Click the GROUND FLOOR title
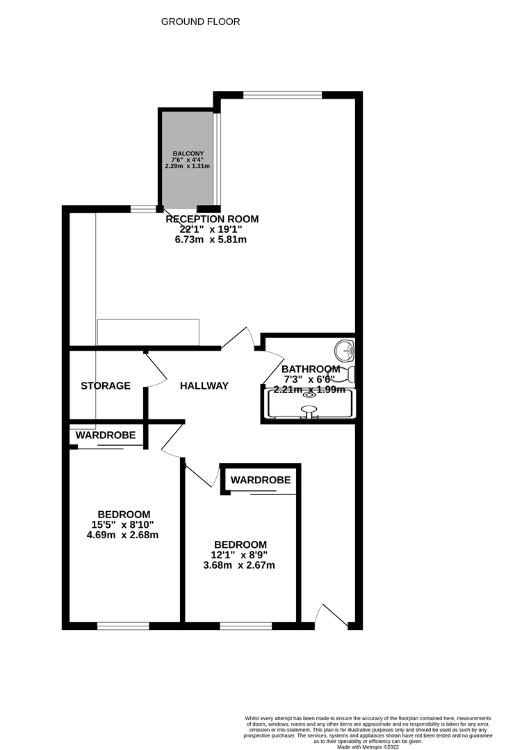coord(200,22)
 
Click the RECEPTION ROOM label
coord(212,219)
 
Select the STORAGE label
coord(106,385)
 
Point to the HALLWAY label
coord(204,385)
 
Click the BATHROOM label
coord(311,369)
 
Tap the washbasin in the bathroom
coord(343,348)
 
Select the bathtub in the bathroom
coord(309,403)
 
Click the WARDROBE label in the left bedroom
coord(106,435)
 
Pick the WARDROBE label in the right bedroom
coord(261,480)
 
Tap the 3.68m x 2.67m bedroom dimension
coord(239,565)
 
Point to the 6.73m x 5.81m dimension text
coord(211,240)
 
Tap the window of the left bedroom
coord(123,626)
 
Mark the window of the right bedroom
coord(245,626)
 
